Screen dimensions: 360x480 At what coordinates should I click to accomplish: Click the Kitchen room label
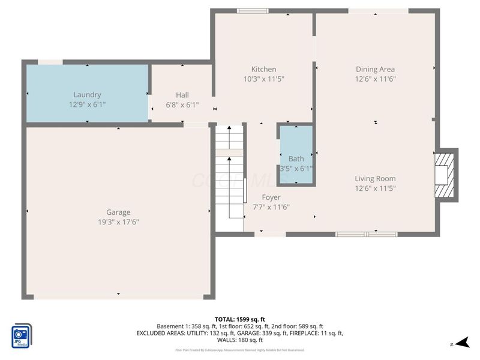point(263,70)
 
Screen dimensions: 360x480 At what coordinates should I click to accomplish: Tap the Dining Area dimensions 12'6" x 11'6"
point(375,79)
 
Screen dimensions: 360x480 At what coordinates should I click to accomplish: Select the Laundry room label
point(87,95)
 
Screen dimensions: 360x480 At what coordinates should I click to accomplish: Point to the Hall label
point(182,95)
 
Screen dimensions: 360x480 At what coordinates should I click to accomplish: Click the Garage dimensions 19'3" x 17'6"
point(118,221)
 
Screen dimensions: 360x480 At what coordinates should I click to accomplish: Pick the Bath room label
point(296,159)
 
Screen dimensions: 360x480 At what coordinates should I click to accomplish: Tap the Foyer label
point(271,197)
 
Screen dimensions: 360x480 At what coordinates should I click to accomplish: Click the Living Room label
point(375,178)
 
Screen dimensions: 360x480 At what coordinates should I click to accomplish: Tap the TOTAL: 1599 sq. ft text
point(240,319)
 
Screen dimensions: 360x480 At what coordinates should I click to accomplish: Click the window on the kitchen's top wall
point(253,10)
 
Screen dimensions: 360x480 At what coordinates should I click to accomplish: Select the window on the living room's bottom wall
point(366,234)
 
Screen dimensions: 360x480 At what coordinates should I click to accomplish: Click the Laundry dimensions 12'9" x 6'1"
point(87,104)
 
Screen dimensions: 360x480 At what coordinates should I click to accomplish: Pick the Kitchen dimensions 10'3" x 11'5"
point(263,79)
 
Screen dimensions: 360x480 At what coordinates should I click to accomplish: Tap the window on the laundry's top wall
point(50,62)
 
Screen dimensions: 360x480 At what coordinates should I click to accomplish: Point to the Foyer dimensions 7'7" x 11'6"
point(271,207)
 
